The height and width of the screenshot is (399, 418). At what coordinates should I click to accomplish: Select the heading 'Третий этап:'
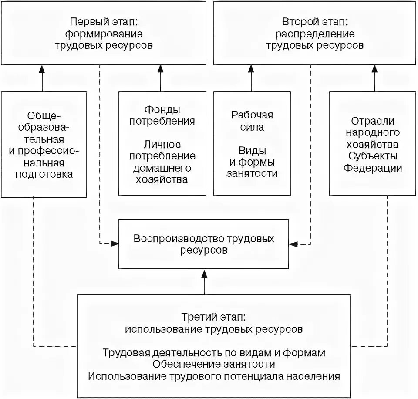pyautogui.click(x=214, y=317)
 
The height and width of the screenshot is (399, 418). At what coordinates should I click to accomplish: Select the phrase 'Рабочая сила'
pyautogui.click(x=252, y=121)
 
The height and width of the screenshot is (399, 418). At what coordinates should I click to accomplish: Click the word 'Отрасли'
pyautogui.click(x=372, y=121)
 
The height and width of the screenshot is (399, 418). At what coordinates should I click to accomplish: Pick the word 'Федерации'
pyautogui.click(x=372, y=168)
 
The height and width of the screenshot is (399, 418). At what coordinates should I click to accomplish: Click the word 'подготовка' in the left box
pyautogui.click(x=44, y=174)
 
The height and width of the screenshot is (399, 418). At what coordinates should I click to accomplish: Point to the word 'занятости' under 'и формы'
pyautogui.click(x=252, y=173)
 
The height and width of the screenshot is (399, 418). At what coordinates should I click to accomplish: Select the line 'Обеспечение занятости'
pyautogui.click(x=214, y=364)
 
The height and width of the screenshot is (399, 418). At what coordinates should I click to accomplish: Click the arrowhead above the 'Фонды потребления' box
pyautogui.click(x=160, y=69)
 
